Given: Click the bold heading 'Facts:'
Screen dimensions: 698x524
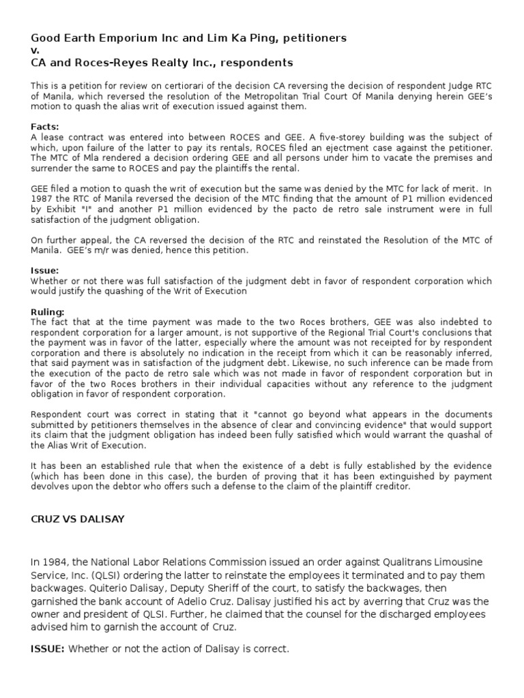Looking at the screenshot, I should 45,127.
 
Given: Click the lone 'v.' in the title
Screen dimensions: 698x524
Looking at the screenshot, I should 35,50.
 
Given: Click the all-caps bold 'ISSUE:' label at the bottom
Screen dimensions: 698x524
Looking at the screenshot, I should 47,649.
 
